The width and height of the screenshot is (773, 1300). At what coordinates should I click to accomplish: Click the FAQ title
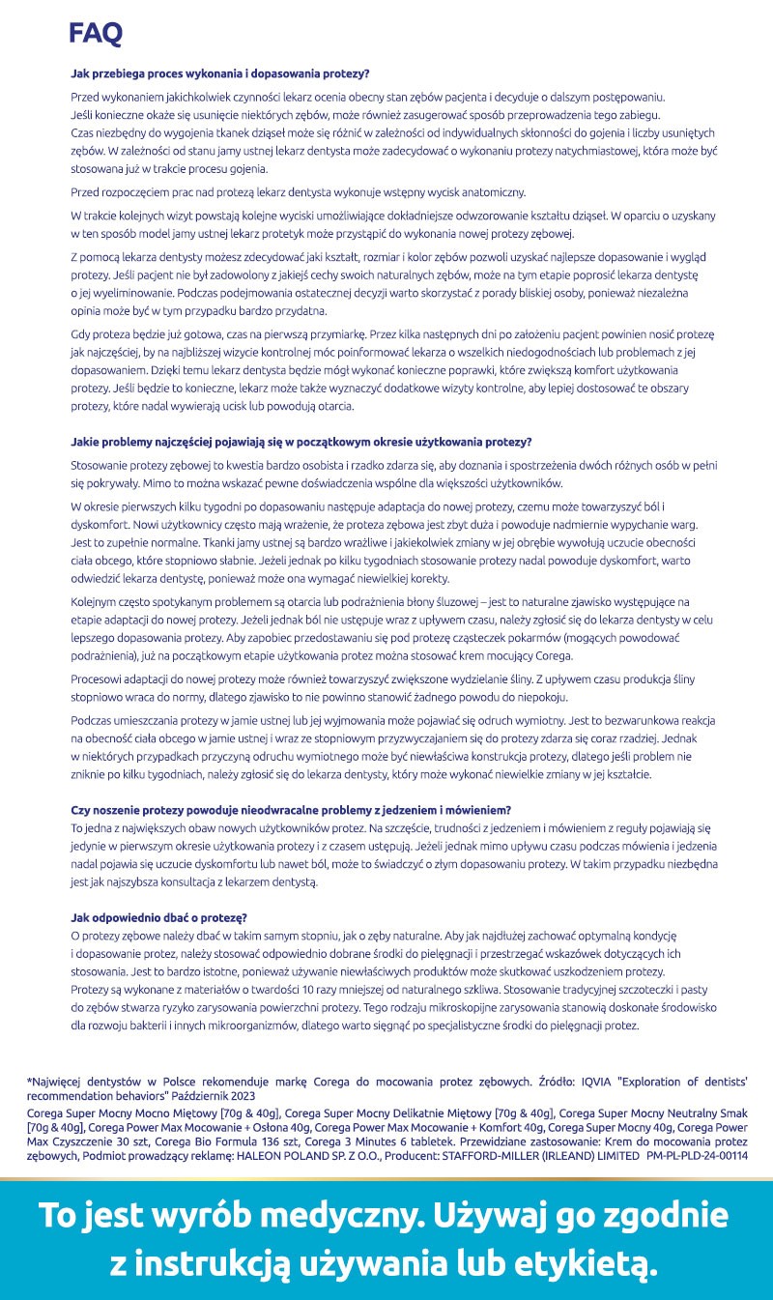96,35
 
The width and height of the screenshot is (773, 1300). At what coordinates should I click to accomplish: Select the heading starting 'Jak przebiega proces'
220,72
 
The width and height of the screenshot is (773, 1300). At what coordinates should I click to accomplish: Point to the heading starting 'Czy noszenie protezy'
291,808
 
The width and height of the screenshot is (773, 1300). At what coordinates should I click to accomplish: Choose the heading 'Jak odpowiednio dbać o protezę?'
159,916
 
